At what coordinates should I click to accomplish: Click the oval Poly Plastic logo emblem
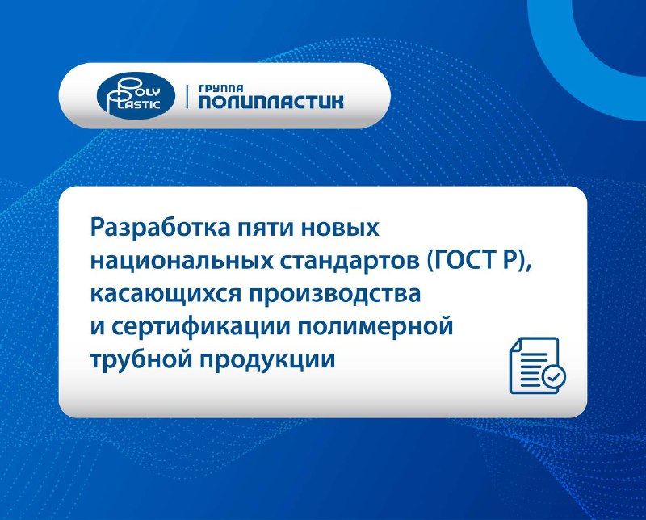pos(136,95)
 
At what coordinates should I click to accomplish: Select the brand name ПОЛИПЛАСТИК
pos(271,103)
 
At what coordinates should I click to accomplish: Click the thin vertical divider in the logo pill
pos(187,96)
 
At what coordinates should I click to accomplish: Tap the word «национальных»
pos(182,262)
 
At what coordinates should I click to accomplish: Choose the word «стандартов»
pos(350,262)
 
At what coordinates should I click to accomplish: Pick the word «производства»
pos(334,294)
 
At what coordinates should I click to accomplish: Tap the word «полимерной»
pos(375,327)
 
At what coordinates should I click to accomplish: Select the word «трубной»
pos(141,359)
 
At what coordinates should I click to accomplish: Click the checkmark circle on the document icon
pos(554,376)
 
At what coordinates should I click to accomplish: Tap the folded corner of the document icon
pos(516,345)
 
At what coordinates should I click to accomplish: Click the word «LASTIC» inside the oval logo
pos(141,104)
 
